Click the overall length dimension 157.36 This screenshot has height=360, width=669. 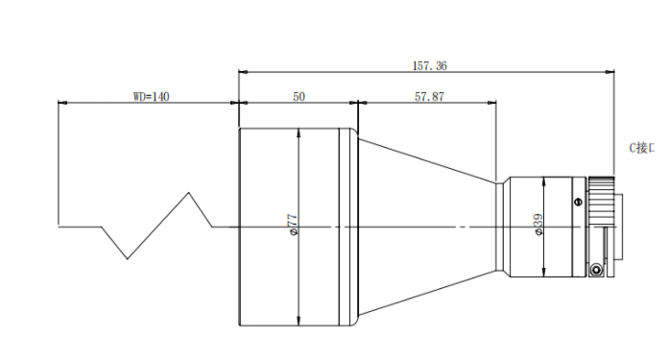click(429, 66)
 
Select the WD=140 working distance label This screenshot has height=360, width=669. click(152, 97)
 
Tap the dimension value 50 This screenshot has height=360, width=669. click(299, 97)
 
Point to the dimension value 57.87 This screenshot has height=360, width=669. click(429, 97)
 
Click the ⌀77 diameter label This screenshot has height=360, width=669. click(293, 225)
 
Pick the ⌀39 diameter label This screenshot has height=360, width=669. click(538, 224)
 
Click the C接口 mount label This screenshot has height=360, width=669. click(641, 148)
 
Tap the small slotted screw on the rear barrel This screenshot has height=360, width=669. click(578, 202)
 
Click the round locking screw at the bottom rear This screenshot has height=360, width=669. click(596, 270)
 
